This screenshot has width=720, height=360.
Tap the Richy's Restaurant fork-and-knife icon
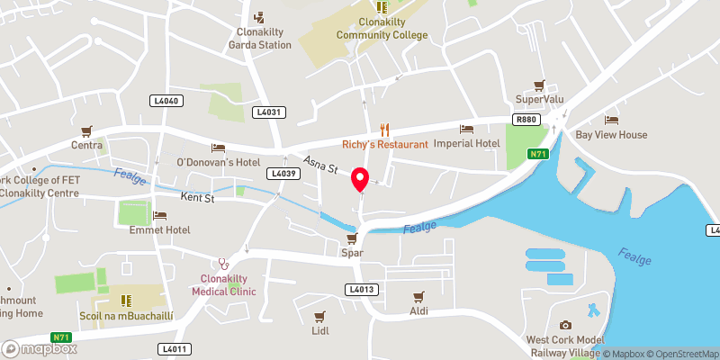pyautogui.click(x=384, y=130)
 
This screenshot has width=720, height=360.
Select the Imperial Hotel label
pyautogui.click(x=466, y=143)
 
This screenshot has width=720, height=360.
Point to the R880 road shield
pyautogui.click(x=526, y=119)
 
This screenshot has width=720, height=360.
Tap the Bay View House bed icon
pyautogui.click(x=612, y=121)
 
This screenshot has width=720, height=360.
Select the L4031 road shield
pyautogui.click(x=269, y=112)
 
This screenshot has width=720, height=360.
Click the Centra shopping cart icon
pyautogui.click(x=87, y=131)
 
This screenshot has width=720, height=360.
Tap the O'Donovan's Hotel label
pyautogui.click(x=218, y=162)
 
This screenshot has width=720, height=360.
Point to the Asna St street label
pyautogui.click(x=319, y=165)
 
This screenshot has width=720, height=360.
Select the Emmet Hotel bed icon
pyautogui.click(x=159, y=216)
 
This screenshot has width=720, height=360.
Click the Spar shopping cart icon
pyautogui.click(x=353, y=238)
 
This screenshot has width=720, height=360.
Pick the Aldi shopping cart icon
pyautogui.click(x=418, y=296)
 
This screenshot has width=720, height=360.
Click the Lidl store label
pyautogui.click(x=319, y=330)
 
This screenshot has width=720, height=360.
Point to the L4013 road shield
pyautogui.click(x=360, y=289)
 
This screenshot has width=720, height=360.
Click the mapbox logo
pyautogui.click(x=37, y=347)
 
